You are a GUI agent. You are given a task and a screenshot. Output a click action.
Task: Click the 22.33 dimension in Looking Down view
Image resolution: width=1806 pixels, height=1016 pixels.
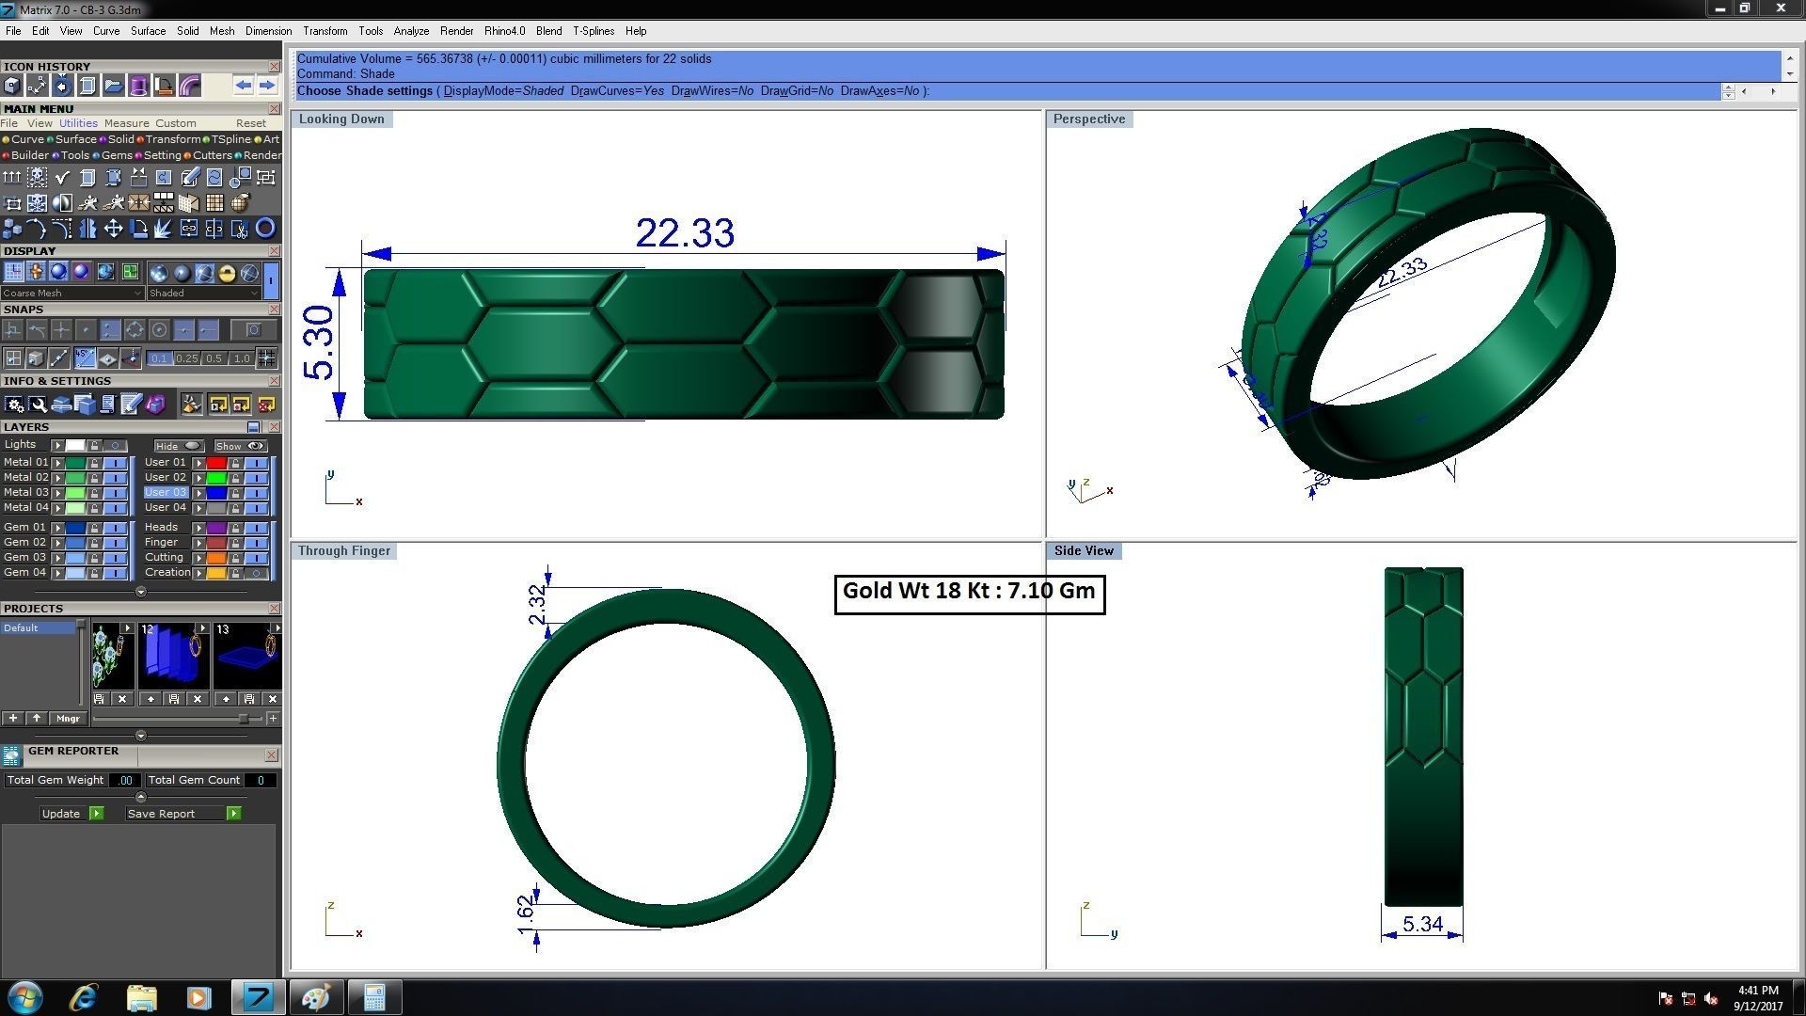[685, 233]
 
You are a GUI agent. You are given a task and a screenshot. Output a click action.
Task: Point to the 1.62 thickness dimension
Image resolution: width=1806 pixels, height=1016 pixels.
[526, 914]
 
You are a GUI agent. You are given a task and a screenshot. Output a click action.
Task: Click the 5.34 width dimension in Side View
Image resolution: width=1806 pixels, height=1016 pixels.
[1422, 924]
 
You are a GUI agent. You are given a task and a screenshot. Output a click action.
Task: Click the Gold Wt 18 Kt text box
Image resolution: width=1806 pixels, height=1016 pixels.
[969, 592]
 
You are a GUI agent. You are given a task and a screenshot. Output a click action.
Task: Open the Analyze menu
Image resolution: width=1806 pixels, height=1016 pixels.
[411, 31]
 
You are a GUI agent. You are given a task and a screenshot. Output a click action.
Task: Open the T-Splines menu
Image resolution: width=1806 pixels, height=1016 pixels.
[594, 31]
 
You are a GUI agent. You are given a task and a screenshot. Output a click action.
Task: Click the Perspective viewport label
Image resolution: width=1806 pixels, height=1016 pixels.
[1088, 119]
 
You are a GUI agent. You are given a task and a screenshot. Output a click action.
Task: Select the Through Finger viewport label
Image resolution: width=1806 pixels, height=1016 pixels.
[343, 550]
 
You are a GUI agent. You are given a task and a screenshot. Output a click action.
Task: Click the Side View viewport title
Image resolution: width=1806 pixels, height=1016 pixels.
[1084, 550]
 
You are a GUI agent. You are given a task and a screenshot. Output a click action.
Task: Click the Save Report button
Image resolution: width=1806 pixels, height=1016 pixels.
[162, 814]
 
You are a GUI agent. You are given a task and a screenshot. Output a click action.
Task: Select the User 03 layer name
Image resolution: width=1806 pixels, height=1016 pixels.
[166, 492]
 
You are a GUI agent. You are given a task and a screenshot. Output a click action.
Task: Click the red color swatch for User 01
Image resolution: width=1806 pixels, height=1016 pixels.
[216, 463]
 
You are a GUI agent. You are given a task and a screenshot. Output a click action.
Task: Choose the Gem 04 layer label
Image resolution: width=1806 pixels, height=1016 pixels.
[24, 572]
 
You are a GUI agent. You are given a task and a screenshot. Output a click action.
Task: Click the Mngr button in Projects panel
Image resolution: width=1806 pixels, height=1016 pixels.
[68, 719]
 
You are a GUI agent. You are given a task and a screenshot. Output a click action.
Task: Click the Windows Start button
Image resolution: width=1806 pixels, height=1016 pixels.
[25, 996]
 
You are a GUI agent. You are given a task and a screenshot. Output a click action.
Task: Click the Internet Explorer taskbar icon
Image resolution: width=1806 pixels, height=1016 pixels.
[84, 996]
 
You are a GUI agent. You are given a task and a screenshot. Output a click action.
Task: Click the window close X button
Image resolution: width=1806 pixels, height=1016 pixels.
[1780, 8]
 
